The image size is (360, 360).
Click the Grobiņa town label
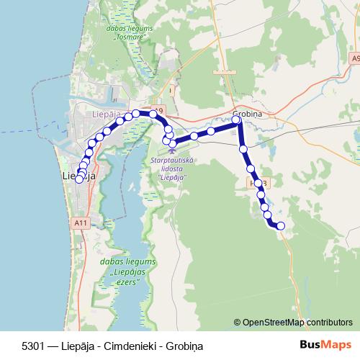[x=246, y=112]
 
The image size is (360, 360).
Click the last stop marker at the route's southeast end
[x=281, y=226]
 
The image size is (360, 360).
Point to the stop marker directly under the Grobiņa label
[x=236, y=120]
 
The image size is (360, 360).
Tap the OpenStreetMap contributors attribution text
[x=297, y=323]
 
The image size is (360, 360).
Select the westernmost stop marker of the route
[x=78, y=179]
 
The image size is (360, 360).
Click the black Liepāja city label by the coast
[x=79, y=175]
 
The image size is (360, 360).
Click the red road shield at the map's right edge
[x=355, y=57]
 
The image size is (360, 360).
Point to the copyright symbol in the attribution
[x=238, y=323]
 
